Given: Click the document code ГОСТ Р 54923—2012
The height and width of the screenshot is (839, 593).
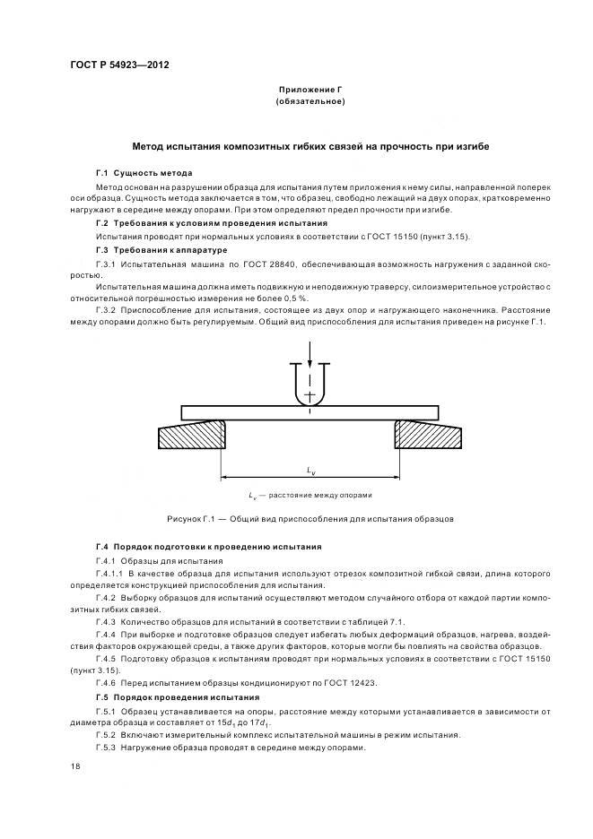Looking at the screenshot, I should pyautogui.click(x=119, y=65).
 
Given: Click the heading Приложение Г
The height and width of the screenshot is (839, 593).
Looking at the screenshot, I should pyautogui.click(x=311, y=91).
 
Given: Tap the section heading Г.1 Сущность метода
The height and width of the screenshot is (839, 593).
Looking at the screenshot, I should pyautogui.click(x=144, y=172).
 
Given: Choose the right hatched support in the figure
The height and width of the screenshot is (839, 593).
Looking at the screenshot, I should pyautogui.click(x=427, y=437).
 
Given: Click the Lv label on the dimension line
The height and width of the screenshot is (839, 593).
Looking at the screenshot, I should pyautogui.click(x=310, y=471).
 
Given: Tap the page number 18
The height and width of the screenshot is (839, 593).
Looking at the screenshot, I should pyautogui.click(x=74, y=766).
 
